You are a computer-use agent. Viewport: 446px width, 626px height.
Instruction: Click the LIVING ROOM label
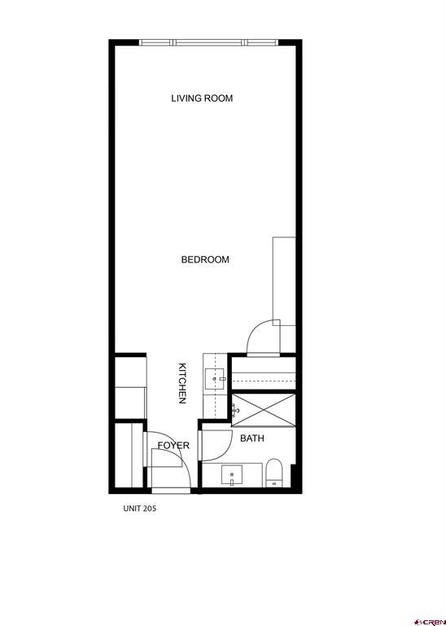coord(202,99)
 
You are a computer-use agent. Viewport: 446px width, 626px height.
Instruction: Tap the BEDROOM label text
coord(205,260)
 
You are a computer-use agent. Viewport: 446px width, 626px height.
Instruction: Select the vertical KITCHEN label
coord(183,383)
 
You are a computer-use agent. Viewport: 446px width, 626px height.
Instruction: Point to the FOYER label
coord(173,446)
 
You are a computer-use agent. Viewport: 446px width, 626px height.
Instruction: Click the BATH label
coord(251,439)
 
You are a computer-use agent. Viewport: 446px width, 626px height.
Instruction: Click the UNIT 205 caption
coord(139,508)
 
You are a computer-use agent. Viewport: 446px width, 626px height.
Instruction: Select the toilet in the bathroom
coord(274,472)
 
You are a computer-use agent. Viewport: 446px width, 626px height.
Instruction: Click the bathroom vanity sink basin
coord(233,474)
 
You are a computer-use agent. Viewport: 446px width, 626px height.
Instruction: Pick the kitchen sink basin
coord(215,377)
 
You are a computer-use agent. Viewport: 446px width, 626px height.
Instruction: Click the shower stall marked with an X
coord(264,408)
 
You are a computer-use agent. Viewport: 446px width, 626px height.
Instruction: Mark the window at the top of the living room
coord(208,42)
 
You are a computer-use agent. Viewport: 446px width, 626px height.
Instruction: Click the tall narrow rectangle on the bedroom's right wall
coord(284,278)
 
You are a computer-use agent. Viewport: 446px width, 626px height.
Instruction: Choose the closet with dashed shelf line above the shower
coord(263,373)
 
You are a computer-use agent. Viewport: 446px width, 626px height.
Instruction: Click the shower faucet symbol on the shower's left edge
coord(233,409)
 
